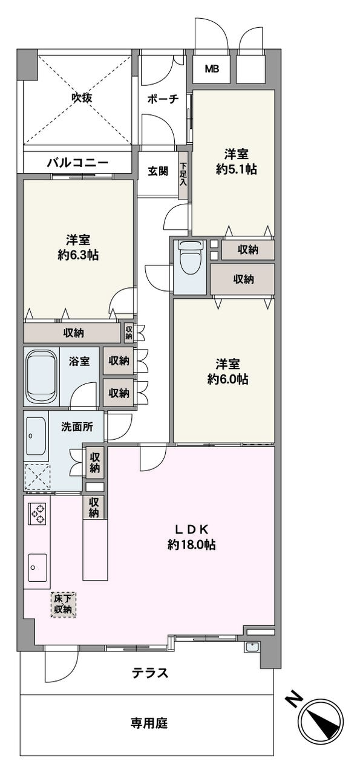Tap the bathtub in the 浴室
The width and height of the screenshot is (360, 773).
[41, 377]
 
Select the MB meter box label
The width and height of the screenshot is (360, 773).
[212, 69]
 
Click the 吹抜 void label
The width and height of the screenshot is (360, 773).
[82, 98]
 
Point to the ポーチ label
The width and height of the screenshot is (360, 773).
[163, 99]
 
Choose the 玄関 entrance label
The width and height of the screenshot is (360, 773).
[158, 171]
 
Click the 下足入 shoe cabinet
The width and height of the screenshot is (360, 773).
[183, 175]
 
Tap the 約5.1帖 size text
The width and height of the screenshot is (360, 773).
[236, 169]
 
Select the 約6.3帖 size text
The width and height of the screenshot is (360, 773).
[78, 255]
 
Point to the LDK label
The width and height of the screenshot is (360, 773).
[192, 529]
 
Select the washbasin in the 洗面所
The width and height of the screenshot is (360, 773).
[36, 436]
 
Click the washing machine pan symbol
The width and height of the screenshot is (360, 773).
[37, 477]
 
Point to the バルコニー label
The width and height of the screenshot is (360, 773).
[78, 162]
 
